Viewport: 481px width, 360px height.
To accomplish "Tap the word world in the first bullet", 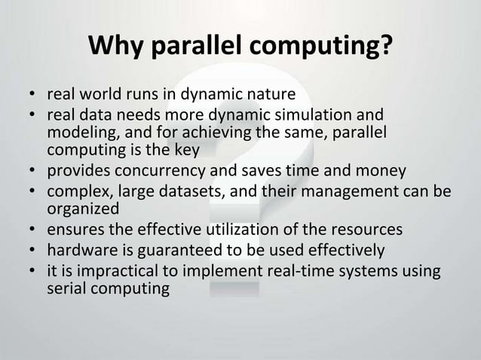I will coord(100,96).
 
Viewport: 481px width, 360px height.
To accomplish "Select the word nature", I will coord(271,96).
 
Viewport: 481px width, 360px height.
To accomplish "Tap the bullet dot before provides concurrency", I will coord(33,168).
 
